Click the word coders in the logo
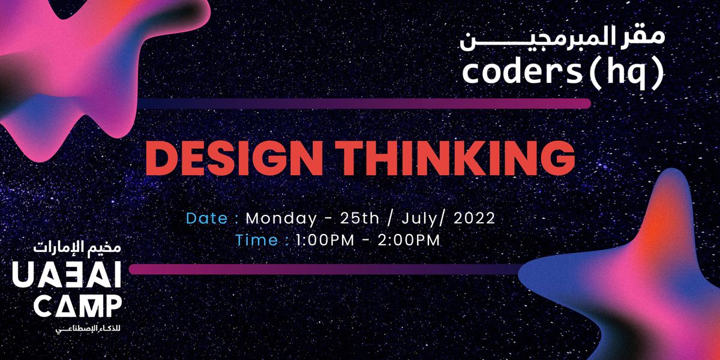pos(521,73)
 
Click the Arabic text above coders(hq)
pos(562,38)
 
